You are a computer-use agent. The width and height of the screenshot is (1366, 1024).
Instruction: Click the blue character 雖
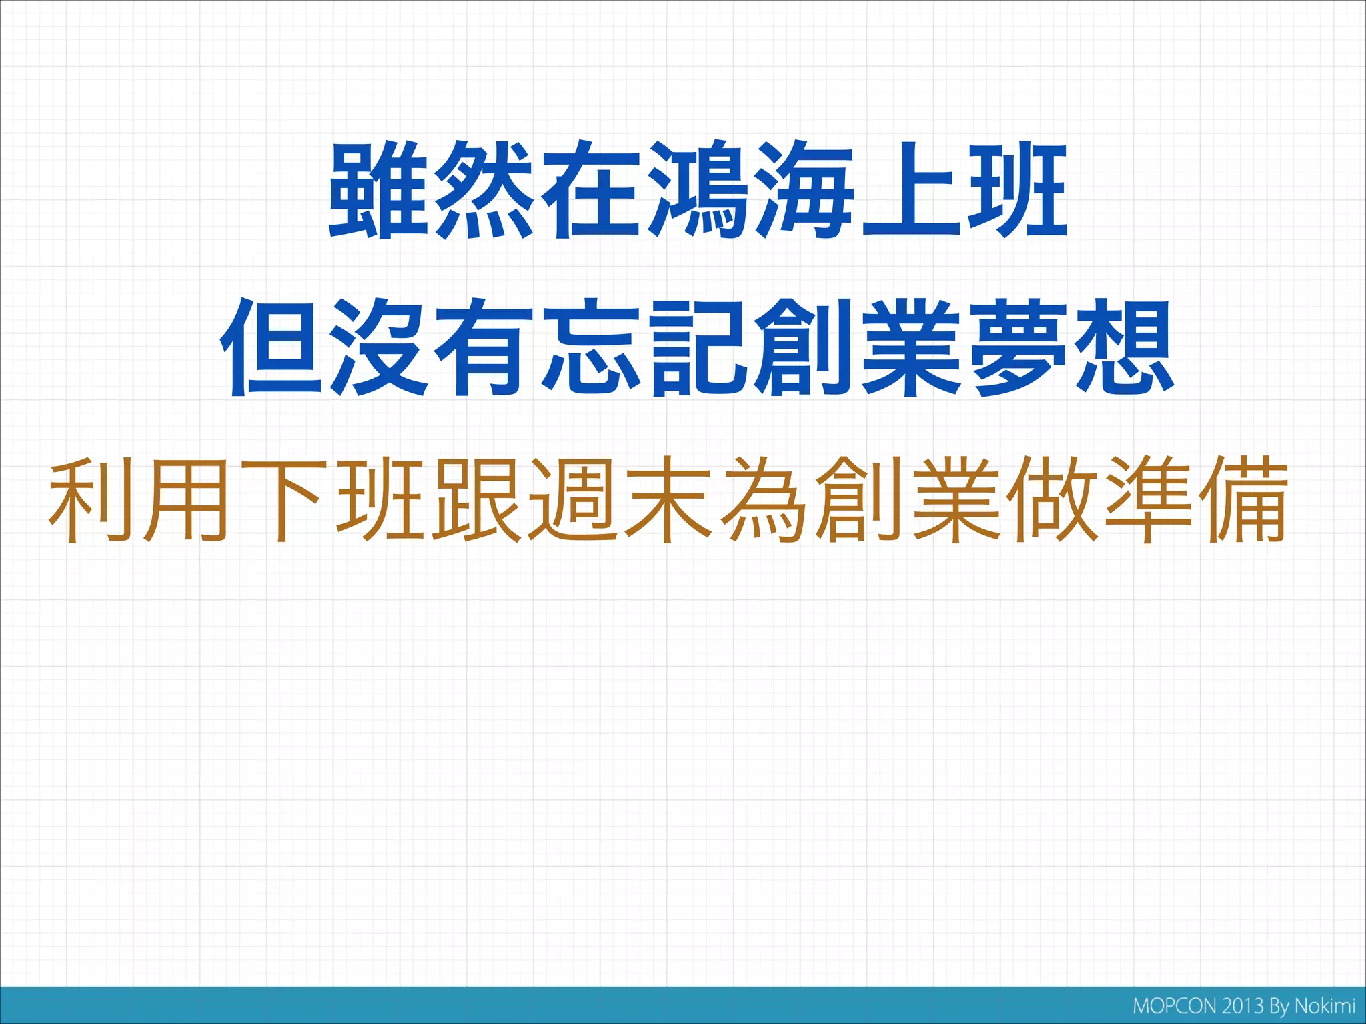pos(378,190)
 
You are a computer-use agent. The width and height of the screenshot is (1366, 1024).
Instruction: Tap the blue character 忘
pos(591,348)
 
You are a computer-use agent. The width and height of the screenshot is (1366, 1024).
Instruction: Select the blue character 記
pos(698,348)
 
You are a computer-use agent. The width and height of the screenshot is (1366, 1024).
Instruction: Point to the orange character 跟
pos(476,499)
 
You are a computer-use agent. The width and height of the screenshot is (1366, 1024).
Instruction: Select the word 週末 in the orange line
pos(619,499)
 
